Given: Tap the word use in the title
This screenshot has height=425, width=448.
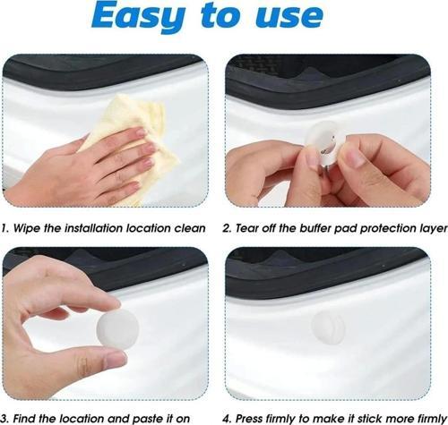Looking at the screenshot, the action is [289, 16].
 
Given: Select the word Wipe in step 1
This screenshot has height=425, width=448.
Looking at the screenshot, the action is [27, 228].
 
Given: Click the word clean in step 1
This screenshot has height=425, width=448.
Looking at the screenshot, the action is [190, 228].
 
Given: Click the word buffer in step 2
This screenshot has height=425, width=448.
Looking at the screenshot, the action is [316, 228].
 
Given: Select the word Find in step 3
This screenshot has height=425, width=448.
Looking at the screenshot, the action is [24, 419].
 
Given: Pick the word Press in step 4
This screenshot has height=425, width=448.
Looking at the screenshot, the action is [249, 419].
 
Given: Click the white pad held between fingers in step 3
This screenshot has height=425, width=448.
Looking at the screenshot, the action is [117, 328].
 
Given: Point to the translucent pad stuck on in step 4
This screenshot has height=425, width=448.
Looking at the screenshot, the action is [329, 327].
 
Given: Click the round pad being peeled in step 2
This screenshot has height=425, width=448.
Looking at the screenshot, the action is [325, 144].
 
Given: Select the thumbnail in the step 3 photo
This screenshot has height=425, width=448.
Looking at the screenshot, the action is [116, 361].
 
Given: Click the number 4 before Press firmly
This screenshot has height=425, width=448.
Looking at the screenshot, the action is [227, 419].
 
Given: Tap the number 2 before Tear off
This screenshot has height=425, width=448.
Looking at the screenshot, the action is [227, 228].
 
